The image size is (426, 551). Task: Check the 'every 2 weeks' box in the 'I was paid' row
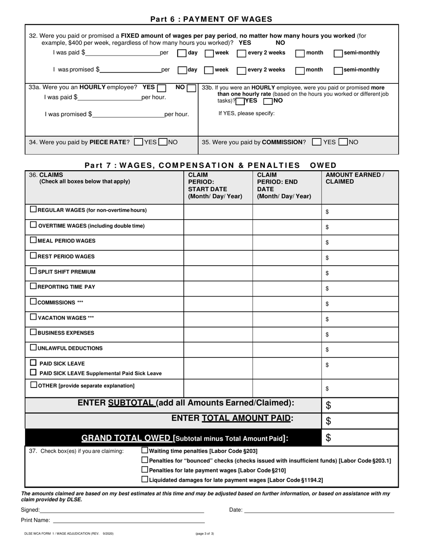(241, 53)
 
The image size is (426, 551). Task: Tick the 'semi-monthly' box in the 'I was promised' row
(339, 70)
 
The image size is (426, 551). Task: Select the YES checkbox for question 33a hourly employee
(162, 88)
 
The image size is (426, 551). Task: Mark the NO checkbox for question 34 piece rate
(163, 142)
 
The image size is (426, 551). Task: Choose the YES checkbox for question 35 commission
(317, 142)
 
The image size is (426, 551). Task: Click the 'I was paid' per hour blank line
(109, 97)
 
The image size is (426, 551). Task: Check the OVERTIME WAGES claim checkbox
(33, 225)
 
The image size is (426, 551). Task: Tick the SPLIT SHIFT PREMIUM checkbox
(33, 271)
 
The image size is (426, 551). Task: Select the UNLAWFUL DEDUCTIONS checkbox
(33, 347)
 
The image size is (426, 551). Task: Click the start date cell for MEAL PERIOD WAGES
(218, 242)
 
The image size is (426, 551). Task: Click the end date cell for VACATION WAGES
(287, 319)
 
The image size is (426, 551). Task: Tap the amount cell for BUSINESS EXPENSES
(360, 334)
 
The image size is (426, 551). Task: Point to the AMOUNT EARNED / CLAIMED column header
(355, 178)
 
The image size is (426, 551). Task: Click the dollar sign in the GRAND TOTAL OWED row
(328, 438)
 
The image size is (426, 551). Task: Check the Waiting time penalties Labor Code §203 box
(144, 451)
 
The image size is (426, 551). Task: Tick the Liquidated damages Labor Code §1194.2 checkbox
(144, 479)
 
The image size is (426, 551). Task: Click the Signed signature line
(122, 509)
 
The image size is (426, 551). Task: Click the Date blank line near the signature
(319, 509)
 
